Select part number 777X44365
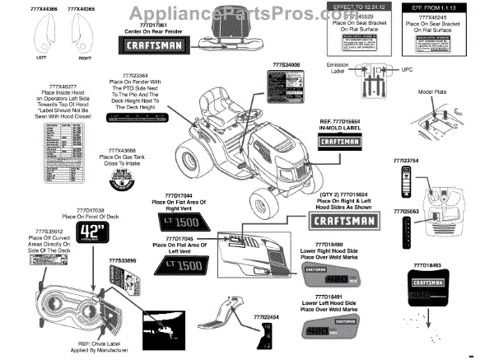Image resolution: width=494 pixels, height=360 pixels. pos(79,7)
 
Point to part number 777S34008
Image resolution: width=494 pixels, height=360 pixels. pos(286,63)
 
